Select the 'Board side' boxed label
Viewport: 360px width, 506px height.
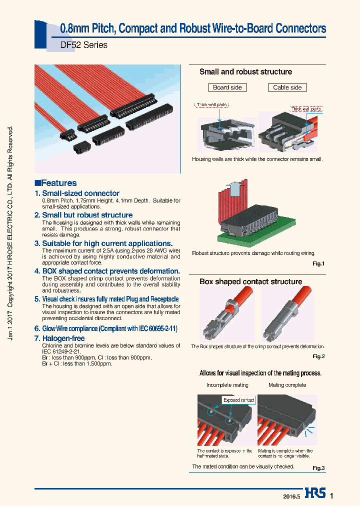(227, 87)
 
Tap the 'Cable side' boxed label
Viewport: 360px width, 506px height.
(287, 87)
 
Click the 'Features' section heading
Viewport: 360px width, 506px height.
(56, 183)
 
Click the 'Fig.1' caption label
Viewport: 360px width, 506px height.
(318, 263)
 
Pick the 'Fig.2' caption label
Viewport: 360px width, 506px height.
(318, 356)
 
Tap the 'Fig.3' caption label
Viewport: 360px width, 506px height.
(318, 468)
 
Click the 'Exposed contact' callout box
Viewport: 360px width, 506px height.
(238, 400)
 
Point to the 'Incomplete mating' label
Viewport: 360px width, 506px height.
(227, 385)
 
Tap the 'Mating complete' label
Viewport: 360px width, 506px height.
(287, 385)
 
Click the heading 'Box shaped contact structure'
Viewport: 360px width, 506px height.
(250, 281)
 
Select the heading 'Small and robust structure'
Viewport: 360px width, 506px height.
(245, 72)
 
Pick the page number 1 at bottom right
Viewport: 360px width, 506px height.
(331, 495)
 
